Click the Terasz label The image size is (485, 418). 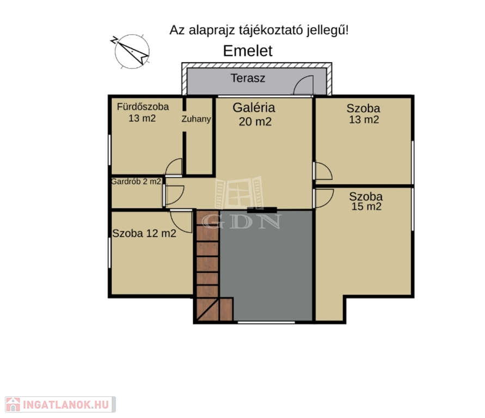[248, 78]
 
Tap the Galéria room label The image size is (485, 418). [254, 108]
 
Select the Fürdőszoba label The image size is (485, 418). [143, 107]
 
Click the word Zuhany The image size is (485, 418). [196, 119]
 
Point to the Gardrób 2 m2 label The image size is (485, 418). [136, 181]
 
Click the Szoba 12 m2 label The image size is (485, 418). [144, 233]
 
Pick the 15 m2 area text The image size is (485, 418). [366, 206]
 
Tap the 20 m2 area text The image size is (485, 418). [255, 121]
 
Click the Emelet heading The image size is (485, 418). [248, 51]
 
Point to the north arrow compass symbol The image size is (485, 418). [131, 51]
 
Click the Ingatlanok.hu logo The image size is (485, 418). [60, 404]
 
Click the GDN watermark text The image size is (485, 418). [242, 222]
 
